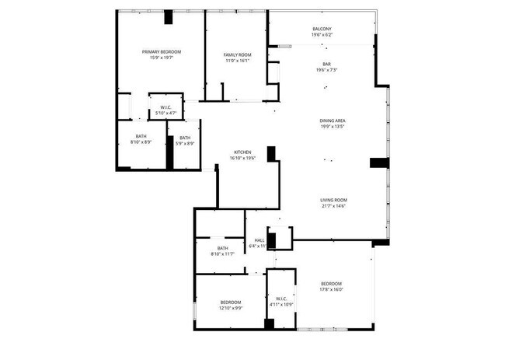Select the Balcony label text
point(321,29)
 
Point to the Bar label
point(326,65)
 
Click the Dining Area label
point(332,121)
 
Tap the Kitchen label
point(242,152)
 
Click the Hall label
point(259,241)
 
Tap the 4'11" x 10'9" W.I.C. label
point(281,301)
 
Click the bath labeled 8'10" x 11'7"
point(222,250)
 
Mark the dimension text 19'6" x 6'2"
point(321,35)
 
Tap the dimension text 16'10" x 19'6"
point(242,158)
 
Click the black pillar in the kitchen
point(271,154)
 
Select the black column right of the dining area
point(378,163)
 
